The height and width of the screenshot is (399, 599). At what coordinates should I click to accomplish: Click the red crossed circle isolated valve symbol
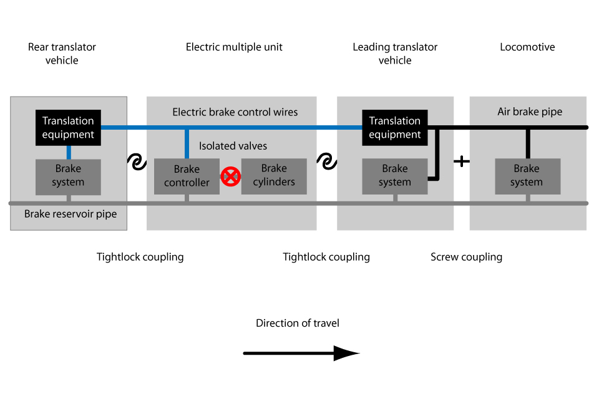(231, 177)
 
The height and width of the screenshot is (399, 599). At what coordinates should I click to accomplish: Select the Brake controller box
(187, 176)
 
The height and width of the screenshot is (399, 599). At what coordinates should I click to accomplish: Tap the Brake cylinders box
(274, 176)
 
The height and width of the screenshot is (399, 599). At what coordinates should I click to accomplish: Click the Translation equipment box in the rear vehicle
(68, 128)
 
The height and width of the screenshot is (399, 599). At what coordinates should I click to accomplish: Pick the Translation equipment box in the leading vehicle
(394, 128)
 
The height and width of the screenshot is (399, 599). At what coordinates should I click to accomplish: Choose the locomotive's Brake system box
(527, 176)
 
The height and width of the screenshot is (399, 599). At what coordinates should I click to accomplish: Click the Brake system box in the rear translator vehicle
(68, 176)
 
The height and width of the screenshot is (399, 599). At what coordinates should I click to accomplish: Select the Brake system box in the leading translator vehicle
(394, 176)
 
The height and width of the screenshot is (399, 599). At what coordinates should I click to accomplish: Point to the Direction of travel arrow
(301, 353)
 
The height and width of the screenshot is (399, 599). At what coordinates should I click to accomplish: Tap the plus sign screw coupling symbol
(461, 161)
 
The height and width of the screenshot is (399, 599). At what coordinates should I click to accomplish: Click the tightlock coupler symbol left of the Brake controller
(137, 162)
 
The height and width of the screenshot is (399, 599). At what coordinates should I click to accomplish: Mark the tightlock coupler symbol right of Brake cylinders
(326, 162)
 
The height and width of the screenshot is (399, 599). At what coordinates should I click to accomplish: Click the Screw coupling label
(466, 257)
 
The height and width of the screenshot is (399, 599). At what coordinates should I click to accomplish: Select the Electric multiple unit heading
(234, 47)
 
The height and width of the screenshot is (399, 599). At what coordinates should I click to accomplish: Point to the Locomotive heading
(527, 47)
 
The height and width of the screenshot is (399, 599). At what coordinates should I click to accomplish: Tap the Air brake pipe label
(530, 112)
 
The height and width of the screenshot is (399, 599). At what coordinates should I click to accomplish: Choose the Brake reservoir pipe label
(71, 214)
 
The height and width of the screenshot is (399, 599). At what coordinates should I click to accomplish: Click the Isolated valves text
(233, 147)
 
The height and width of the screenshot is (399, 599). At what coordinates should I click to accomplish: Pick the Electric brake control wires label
(235, 112)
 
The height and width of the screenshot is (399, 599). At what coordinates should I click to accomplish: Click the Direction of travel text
(298, 323)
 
